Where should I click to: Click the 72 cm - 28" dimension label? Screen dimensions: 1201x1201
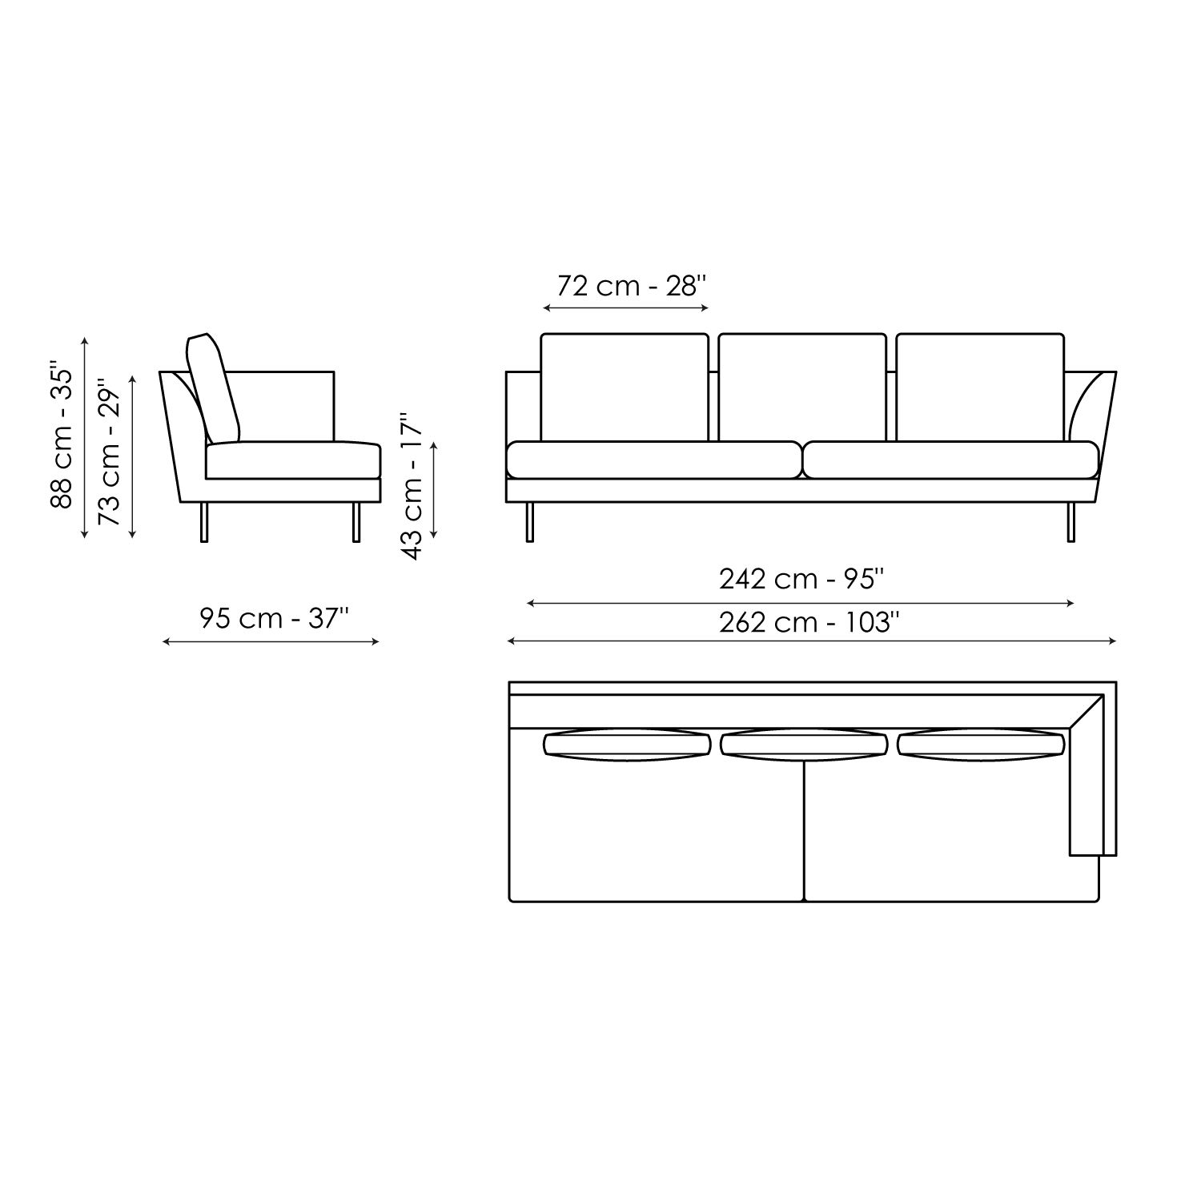point(632,286)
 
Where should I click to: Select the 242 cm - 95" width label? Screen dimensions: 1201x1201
point(801,579)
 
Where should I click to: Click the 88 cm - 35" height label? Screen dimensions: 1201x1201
point(62,437)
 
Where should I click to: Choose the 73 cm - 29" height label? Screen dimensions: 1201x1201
point(109,456)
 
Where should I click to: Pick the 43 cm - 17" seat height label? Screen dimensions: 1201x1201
point(412,486)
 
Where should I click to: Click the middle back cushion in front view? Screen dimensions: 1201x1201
point(802,388)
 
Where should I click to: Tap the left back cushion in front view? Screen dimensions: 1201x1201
point(625,388)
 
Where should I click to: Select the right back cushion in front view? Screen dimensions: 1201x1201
point(980,388)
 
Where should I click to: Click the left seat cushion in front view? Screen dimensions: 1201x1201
point(653,460)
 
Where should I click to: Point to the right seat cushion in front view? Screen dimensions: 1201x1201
point(950,460)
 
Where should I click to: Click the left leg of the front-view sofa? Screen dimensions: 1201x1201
point(529,522)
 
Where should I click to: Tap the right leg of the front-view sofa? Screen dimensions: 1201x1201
point(1071,522)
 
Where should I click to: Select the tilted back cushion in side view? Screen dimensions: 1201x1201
point(213,388)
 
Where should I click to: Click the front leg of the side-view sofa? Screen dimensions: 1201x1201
point(356,522)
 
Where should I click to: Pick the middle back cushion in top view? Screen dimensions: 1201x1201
point(803,745)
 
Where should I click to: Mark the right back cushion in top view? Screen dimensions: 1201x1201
point(981,745)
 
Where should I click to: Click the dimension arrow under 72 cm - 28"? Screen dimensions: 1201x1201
point(625,308)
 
